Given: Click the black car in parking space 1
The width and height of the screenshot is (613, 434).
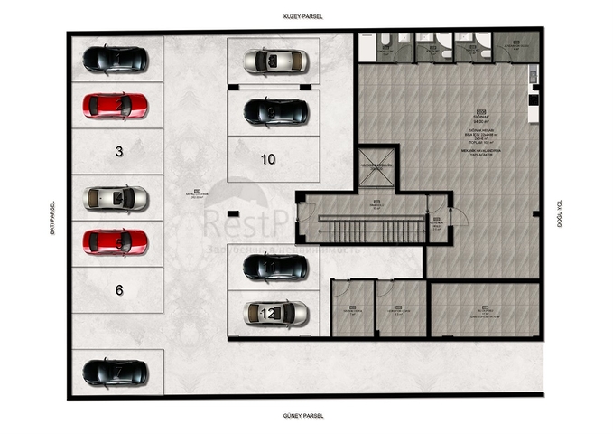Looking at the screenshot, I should point(115,60).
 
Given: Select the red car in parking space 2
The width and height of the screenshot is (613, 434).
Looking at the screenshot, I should point(115,106).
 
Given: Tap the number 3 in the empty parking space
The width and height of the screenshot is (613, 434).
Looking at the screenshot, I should point(119,152).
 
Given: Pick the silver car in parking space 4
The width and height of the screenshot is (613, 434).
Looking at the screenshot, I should point(115,198).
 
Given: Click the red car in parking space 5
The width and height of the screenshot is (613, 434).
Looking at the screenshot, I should point(115,242).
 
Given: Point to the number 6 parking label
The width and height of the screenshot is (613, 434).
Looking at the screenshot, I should point(119,290).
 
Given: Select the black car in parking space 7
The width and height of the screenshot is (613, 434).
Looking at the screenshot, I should point(115,372).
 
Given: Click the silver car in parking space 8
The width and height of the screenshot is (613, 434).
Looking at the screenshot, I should point(275,61).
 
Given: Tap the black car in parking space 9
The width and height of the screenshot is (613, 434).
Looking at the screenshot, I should point(275,112).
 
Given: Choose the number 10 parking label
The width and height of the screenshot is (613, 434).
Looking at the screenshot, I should point(268,159).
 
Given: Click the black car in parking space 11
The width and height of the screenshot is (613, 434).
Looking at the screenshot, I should point(275,267).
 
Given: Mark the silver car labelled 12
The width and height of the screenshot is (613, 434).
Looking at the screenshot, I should point(275,314).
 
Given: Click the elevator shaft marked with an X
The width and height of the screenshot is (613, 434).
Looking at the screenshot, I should point(377,167).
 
